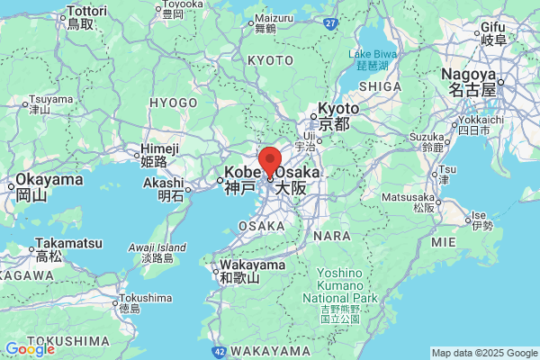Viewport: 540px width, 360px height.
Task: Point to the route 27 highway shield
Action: click(x=331, y=22)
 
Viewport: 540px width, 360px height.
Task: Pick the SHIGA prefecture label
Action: click(x=379, y=85)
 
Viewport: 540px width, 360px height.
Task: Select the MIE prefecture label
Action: click(x=444, y=243)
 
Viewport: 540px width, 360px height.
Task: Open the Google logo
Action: click(x=30, y=349)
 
